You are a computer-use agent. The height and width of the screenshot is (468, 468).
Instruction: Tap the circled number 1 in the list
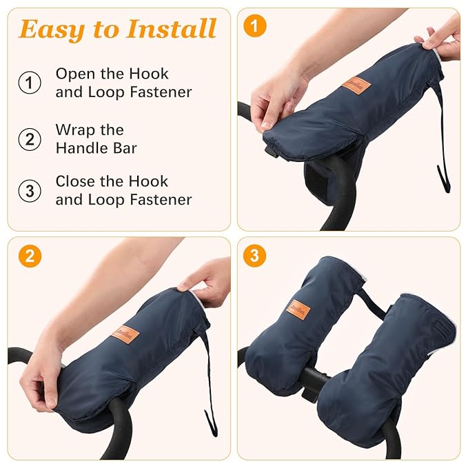[29, 83]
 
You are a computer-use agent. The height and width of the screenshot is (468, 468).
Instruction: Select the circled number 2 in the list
[29, 139]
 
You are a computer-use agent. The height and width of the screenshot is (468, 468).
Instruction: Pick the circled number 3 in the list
[29, 191]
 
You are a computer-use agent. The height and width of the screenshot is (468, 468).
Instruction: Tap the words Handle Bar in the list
[96, 147]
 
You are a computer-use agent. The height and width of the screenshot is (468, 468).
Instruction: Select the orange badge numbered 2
[30, 256]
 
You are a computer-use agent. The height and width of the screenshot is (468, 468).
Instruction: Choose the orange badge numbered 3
[255, 256]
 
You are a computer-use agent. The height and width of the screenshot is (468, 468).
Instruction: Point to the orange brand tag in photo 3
[298, 307]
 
